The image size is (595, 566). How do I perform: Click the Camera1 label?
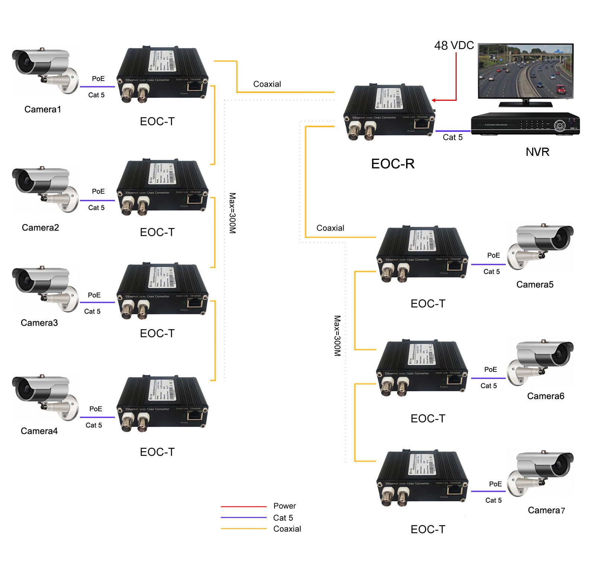pos(42,109)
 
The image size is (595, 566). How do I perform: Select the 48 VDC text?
pos(454,45)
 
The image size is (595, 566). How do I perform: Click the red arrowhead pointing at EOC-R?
pos(434,100)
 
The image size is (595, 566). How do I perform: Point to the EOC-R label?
pos(393,164)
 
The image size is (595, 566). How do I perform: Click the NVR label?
pos(537,152)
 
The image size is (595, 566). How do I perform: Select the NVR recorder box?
pos(525,124)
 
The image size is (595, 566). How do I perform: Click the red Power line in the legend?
pos(244,506)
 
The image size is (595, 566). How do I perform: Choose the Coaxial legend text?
pos(287,529)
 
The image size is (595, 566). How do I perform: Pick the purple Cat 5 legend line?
pos(244,518)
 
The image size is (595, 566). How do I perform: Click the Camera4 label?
pos(39,431)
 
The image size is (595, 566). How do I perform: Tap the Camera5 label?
pos(535,284)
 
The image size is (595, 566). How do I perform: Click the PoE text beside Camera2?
pos(98,192)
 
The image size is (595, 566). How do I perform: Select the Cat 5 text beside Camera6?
pos(489,386)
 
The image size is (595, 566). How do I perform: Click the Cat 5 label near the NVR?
pos(453,138)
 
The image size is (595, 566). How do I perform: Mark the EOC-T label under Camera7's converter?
pos(428,529)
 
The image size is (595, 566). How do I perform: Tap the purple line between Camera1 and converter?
pos(97,87)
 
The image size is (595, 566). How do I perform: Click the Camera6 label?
pos(546,396)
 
